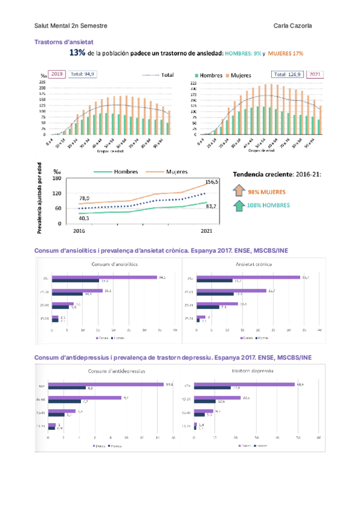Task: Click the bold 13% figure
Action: coord(77,53)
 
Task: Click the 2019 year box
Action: coord(56,74)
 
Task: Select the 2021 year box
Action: coord(314,74)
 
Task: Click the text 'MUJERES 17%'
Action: coord(285,54)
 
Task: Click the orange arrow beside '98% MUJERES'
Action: coord(239,191)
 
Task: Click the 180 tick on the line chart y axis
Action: coord(58,178)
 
